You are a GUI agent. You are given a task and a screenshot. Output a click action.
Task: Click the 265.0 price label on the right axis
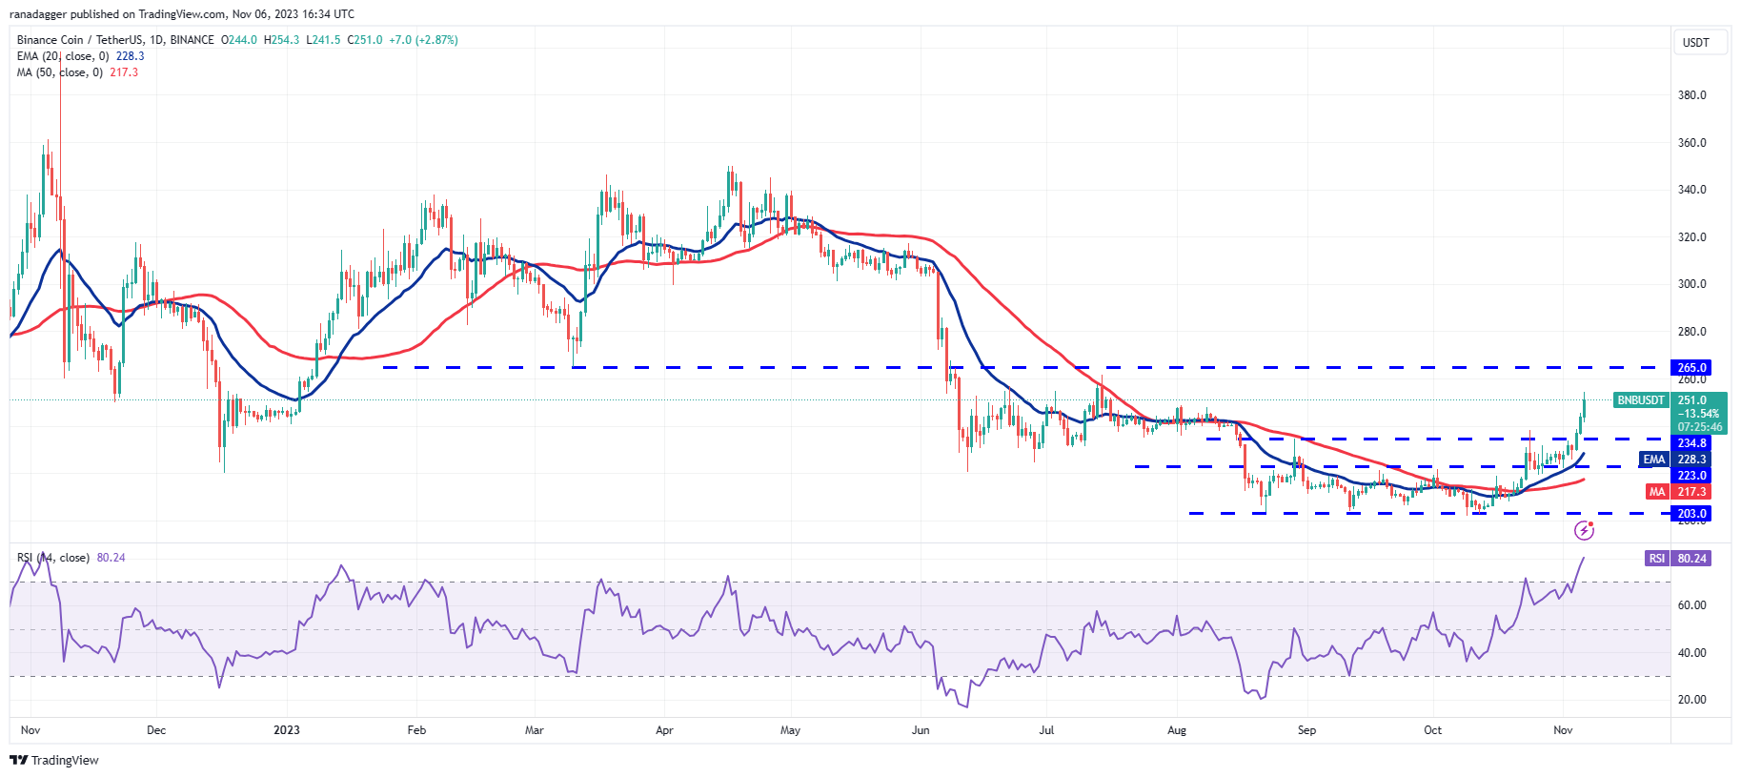[x=1691, y=367]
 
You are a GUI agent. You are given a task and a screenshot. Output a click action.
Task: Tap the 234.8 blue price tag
[x=1691, y=443]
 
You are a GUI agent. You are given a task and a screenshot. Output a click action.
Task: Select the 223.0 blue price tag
[x=1691, y=475]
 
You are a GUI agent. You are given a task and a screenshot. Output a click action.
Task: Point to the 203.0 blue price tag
[x=1691, y=513]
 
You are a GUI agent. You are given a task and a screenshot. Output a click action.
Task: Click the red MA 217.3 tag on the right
[x=1678, y=492]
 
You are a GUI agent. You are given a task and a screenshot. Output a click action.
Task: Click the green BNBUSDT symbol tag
[x=1640, y=400]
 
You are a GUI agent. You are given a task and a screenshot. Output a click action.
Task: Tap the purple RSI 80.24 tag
[x=1678, y=559]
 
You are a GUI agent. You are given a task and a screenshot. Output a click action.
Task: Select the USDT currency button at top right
[x=1696, y=43]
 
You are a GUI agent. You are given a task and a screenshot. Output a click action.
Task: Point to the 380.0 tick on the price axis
[x=1691, y=95]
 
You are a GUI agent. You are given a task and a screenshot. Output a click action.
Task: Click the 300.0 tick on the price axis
[x=1691, y=284]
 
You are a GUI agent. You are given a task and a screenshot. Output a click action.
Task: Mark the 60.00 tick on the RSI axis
[x=1691, y=605]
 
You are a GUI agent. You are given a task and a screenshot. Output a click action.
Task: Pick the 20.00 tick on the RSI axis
[x=1691, y=700]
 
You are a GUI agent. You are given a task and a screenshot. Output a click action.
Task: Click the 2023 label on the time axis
[x=286, y=730]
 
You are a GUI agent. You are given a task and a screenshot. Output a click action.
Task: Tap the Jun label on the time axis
[x=921, y=730]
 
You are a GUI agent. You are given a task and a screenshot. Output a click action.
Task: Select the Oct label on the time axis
[x=1432, y=730]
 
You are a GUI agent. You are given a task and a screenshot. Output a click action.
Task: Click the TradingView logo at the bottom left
[x=54, y=760]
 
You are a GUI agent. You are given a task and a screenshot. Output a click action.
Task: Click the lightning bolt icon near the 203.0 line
[x=1584, y=530]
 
